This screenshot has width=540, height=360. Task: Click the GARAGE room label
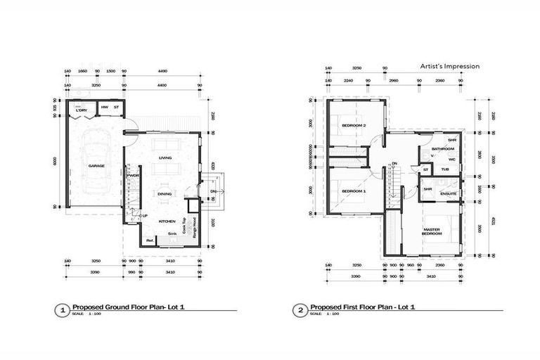click(96, 166)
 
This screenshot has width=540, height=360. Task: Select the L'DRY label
click(82, 110)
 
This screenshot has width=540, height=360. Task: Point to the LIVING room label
click(166, 157)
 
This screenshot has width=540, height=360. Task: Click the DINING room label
click(165, 194)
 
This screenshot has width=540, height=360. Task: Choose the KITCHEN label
click(167, 221)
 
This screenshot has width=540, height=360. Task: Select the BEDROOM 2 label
click(354, 125)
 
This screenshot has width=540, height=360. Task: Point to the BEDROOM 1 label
click(354, 191)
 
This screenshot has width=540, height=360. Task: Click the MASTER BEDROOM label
click(432, 231)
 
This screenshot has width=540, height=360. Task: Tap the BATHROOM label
click(443, 149)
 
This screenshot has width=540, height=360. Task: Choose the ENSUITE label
click(449, 193)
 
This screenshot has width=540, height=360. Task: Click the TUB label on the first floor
click(445, 169)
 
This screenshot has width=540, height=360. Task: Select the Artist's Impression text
click(450, 66)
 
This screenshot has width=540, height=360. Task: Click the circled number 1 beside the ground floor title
click(63, 309)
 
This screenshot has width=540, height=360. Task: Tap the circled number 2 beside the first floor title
click(302, 309)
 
